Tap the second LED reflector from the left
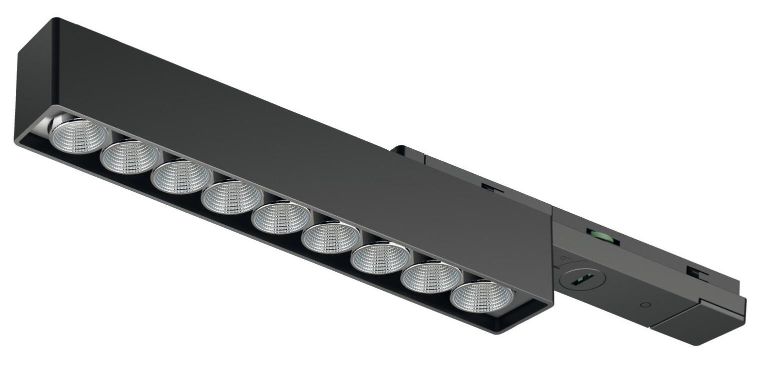tap(130, 157)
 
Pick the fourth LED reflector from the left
tap(231, 198)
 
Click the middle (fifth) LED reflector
tap(281, 218)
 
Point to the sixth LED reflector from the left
tap(330, 238)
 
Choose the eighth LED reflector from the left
tap(431, 278)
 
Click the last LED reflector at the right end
tap(482, 297)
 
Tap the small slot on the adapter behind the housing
tap(492, 187)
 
